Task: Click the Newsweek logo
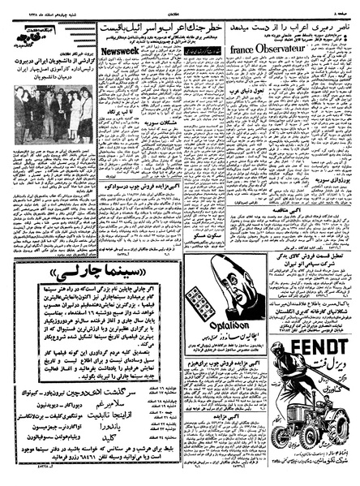coord(114,47)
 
